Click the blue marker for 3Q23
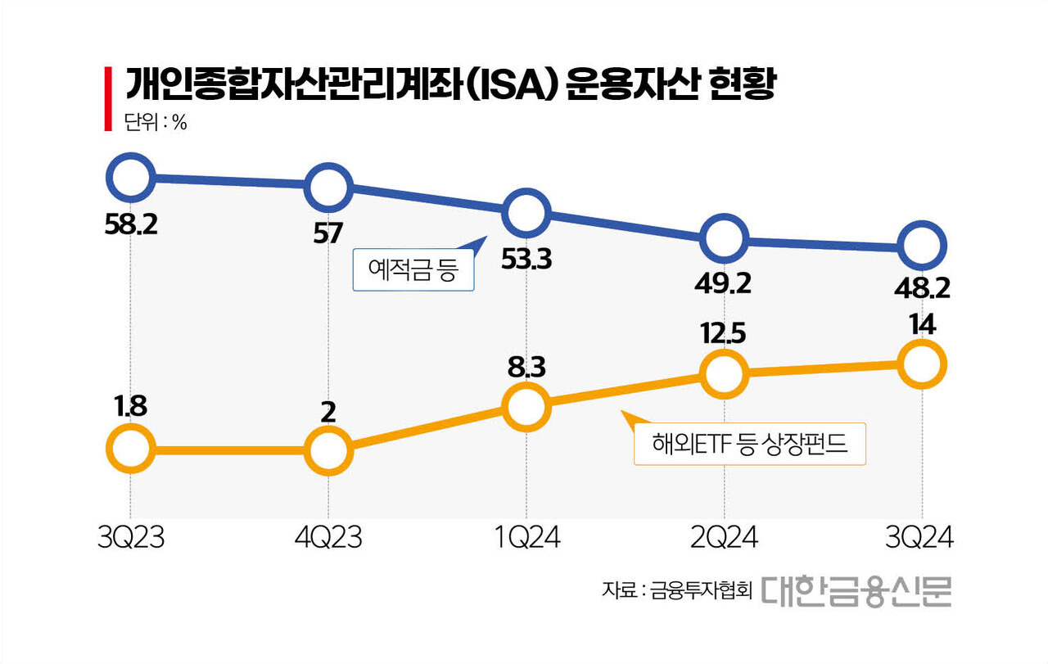tap(130, 176)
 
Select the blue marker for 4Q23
tap(327, 187)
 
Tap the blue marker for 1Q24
tap(526, 213)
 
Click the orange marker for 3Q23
tap(130, 449)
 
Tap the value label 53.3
tap(526, 261)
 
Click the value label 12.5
tap(724, 334)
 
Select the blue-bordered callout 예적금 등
tap(413, 270)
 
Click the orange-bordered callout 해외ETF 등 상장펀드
tap(749, 445)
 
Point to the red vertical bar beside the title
tap(107, 99)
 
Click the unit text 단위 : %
tap(156, 124)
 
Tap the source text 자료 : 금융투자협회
tap(676, 590)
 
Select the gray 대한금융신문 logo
tap(856, 589)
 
